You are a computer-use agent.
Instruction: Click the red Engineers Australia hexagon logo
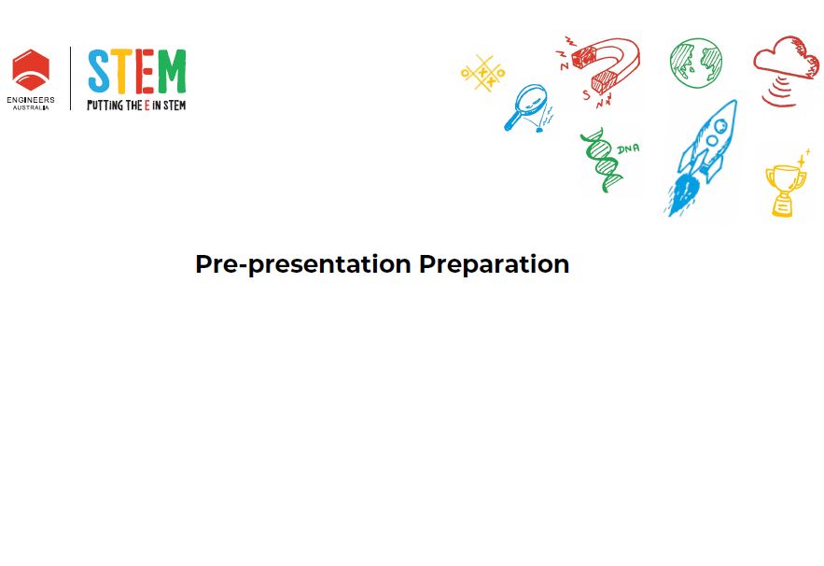point(31,70)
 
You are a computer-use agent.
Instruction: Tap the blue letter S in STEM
point(99,72)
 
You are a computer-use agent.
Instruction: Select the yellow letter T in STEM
point(121,71)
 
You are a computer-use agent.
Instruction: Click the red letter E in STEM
point(145,71)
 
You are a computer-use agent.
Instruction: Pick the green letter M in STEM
point(172,71)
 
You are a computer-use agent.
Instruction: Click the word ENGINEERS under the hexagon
point(31,99)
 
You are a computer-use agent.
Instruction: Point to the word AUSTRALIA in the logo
point(31,107)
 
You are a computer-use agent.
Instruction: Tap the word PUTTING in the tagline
point(105,106)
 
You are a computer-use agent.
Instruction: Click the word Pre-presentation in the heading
point(302,264)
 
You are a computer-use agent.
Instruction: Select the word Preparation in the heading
point(494,264)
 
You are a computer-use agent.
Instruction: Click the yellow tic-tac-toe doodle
point(483,73)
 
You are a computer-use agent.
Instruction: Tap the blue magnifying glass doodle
point(527,107)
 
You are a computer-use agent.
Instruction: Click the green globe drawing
point(696,63)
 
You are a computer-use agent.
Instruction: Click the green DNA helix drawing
point(602,160)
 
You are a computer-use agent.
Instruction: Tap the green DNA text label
point(628,149)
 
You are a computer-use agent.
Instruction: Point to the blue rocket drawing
point(702,158)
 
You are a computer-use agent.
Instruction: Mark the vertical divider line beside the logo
point(70,78)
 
